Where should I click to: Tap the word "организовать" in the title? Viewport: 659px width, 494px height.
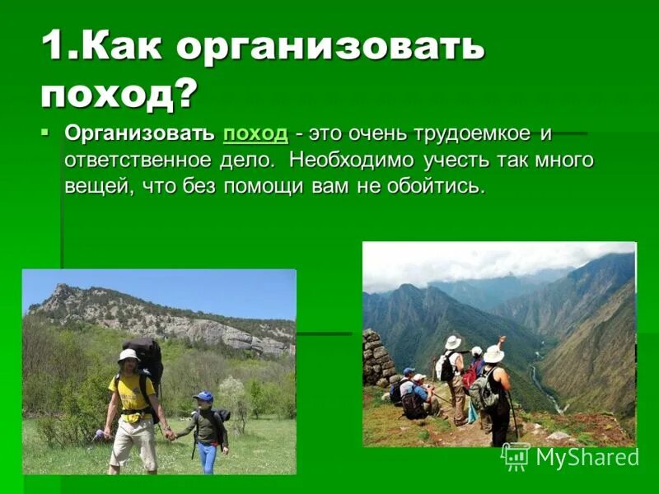329,48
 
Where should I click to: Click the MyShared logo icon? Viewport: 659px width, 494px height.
516,456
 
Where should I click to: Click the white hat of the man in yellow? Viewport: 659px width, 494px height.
129,355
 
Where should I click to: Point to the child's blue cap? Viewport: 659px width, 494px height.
203,397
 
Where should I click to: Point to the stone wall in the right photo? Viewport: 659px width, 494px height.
378,359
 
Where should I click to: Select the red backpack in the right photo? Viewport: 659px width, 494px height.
470,375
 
